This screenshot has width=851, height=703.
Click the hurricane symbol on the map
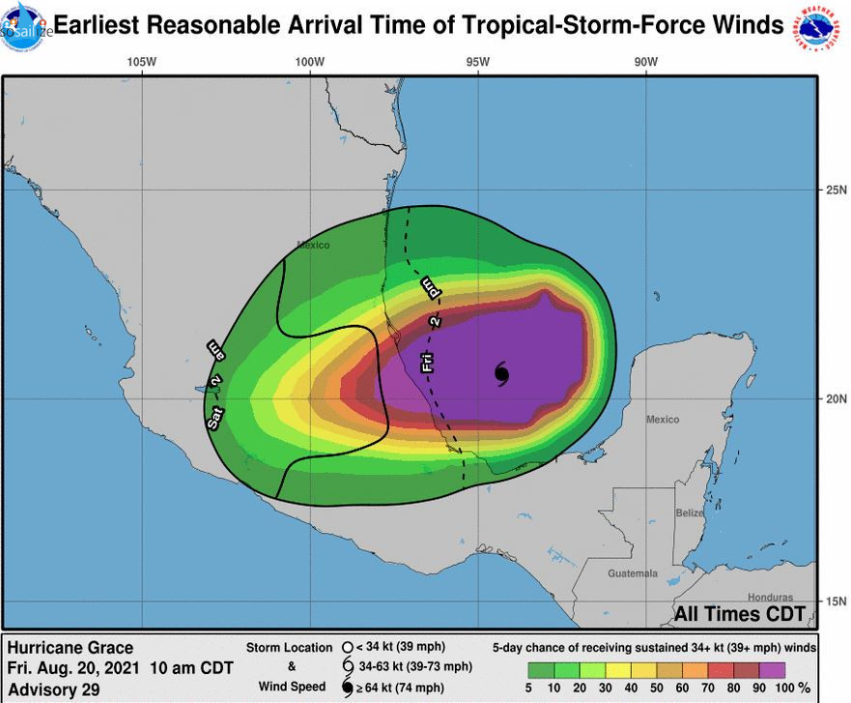click(502, 373)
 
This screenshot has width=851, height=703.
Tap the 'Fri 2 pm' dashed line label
click(431, 325)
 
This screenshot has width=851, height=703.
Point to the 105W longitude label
click(141, 62)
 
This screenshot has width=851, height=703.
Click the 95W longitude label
click(476, 62)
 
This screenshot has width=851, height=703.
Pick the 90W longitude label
click(645, 62)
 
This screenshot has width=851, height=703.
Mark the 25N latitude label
click(835, 190)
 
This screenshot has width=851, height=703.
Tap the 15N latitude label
click(835, 600)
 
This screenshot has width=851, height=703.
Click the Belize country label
click(690, 513)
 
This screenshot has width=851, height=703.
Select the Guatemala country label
click(633, 573)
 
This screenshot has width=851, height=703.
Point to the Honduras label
click(770, 598)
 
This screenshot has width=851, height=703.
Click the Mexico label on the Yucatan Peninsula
click(663, 420)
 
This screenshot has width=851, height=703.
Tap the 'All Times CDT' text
click(739, 614)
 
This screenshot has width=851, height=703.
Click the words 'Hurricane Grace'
click(70, 648)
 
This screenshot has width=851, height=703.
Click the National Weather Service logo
click(820, 26)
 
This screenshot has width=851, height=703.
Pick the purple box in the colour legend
click(772, 669)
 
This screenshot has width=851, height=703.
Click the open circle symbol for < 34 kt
click(347, 647)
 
